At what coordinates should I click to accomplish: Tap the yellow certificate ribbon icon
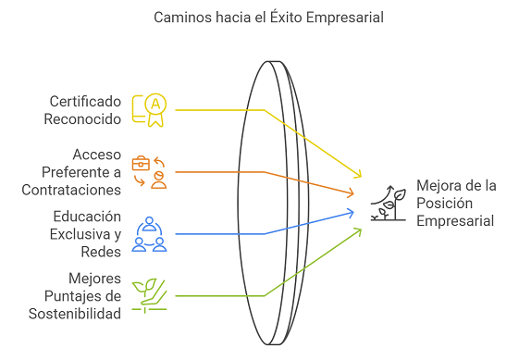point(149,110)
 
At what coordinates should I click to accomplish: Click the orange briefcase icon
point(141,163)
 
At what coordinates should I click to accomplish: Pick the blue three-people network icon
point(149,234)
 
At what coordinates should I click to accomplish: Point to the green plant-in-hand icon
point(149,296)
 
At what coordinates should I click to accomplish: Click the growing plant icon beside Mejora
point(389,203)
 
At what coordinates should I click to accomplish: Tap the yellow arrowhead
point(358,175)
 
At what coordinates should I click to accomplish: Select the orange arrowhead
point(351,192)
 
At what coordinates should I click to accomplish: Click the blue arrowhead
point(351,213)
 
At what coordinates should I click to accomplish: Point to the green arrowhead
point(358,230)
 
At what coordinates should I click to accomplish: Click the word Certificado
point(85,102)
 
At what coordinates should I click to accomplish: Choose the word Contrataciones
point(71,190)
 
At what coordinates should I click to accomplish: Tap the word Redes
point(101,252)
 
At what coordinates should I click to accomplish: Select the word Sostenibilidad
point(75,314)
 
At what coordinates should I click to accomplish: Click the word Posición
point(444,203)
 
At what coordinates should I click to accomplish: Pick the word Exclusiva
point(80,234)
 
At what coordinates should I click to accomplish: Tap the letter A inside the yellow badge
point(155,105)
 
